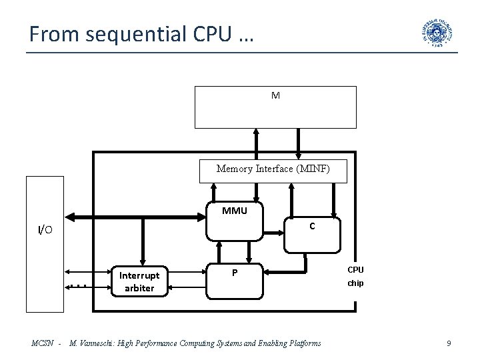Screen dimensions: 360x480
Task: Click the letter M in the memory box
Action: (x=275, y=95)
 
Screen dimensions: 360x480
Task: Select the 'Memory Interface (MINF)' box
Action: (x=273, y=169)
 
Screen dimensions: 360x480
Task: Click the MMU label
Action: (x=235, y=211)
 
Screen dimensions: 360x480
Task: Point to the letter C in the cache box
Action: (x=311, y=226)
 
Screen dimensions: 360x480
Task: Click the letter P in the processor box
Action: (x=235, y=273)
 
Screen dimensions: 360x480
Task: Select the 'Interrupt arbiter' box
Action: (x=140, y=281)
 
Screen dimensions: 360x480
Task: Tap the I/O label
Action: (x=45, y=230)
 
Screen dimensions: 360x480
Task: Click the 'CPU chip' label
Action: (x=355, y=276)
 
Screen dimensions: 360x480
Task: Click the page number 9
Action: (x=449, y=343)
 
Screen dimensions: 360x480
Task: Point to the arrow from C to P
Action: (x=287, y=272)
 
